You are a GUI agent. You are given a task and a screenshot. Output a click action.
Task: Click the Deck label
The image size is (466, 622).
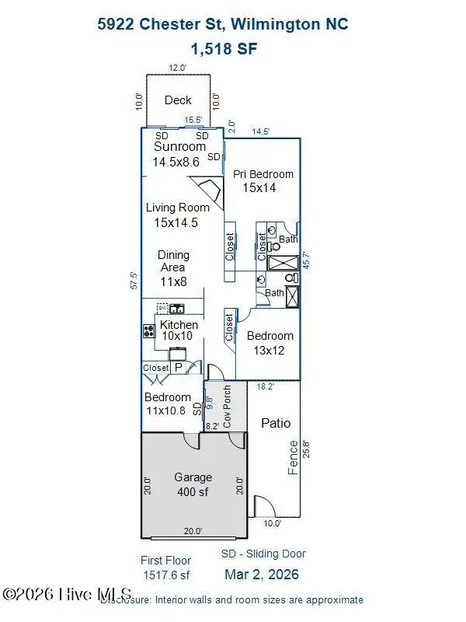tap(178, 100)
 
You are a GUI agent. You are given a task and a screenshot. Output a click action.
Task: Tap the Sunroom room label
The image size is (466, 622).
tap(180, 147)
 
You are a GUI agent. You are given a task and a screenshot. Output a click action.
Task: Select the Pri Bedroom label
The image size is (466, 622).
tap(263, 174)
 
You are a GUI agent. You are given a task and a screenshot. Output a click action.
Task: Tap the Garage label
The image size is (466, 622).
tap(193, 477)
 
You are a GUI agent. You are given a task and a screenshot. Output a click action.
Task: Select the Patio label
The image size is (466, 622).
tap(276, 423)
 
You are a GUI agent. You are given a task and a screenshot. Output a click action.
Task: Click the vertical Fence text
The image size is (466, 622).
tap(294, 457)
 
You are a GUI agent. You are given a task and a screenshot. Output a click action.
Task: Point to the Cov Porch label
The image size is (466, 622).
tap(227, 406)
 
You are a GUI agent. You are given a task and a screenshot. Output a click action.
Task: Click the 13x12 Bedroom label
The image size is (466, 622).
tap(270, 336)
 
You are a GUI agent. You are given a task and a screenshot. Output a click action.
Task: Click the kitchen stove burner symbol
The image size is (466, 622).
tap(149, 330)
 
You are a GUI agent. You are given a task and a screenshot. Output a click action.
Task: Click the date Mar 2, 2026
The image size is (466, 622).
tap(263, 575)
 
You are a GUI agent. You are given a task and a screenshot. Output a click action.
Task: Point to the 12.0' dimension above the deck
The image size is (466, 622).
tap(178, 68)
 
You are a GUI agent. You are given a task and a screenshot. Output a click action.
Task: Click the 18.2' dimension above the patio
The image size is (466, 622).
tap(265, 386)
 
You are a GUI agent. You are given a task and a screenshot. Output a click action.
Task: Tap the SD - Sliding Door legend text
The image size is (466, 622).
tap(263, 554)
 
